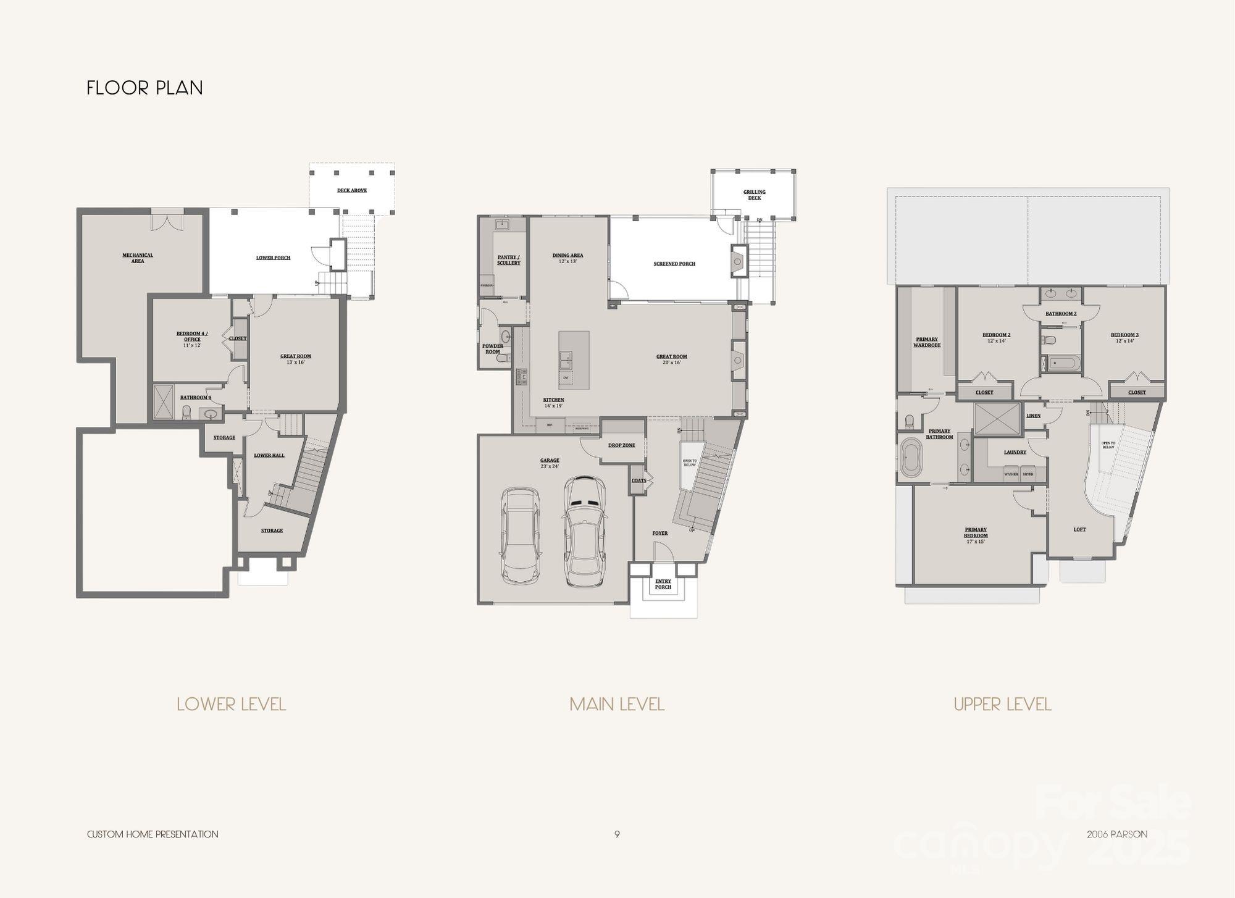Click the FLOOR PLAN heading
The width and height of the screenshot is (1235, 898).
click(144, 88)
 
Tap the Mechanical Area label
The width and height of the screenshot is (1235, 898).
click(138, 258)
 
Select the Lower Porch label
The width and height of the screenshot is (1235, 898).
click(273, 258)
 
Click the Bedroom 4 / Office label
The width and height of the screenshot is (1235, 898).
click(192, 337)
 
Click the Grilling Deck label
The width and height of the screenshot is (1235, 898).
click(754, 195)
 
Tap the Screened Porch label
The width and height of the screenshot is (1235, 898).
click(674, 264)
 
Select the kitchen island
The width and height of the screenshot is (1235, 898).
click(574, 359)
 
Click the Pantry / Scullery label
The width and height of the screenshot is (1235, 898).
click(509, 260)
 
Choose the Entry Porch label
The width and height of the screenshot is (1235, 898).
click(663, 584)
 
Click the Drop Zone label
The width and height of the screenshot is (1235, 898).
click(621, 445)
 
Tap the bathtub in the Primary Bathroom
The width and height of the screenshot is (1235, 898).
click(910, 457)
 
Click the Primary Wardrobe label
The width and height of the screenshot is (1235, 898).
click(927, 342)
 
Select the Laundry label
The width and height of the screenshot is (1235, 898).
click(1015, 452)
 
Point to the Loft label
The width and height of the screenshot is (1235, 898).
click(1079, 529)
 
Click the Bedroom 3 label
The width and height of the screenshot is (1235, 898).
click(1124, 335)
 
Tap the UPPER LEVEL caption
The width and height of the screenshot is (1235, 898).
click(1002, 704)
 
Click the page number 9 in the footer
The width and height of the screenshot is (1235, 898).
click(617, 834)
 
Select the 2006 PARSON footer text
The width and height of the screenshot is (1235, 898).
click(1117, 834)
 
